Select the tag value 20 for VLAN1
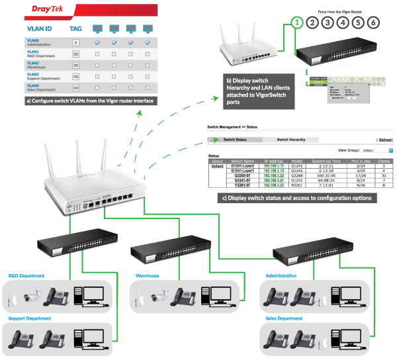click(x=76, y=54)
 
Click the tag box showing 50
click(x=76, y=87)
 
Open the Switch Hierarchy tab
click(x=291, y=140)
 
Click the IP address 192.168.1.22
click(x=276, y=175)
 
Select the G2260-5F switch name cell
click(x=242, y=175)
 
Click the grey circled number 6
click(x=375, y=22)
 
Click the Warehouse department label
click(x=148, y=275)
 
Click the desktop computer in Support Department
click(x=87, y=338)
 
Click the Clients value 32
click(x=384, y=175)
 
